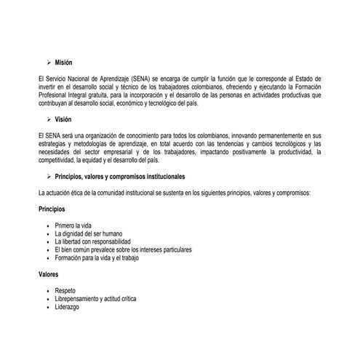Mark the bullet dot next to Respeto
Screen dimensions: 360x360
(x=47, y=292)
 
